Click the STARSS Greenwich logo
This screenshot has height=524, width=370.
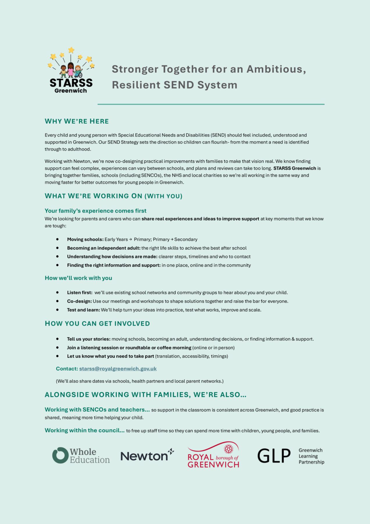(x=71, y=71)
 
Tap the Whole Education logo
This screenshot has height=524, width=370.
(x=81, y=456)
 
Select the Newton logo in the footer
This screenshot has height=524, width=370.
(x=147, y=456)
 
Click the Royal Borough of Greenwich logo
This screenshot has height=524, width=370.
(x=213, y=455)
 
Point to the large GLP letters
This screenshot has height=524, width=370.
(x=274, y=456)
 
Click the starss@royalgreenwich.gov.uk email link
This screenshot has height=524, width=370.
(x=118, y=369)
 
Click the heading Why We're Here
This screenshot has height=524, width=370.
(x=77, y=121)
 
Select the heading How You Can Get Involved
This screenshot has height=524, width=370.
(x=97, y=323)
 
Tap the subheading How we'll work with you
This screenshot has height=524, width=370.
(x=78, y=278)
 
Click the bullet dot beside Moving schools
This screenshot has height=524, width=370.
(x=58, y=239)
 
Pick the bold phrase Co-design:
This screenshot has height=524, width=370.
(x=79, y=301)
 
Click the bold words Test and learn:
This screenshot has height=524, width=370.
(x=83, y=310)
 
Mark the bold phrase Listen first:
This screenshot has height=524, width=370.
(x=80, y=293)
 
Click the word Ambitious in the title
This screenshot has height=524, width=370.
(x=276, y=69)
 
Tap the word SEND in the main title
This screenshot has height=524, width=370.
(x=179, y=85)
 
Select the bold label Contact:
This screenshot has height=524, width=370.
(x=67, y=369)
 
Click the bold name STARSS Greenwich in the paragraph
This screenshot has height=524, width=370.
(x=294, y=168)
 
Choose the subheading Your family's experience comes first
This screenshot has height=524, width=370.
(x=96, y=211)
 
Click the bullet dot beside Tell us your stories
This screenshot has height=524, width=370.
(x=58, y=339)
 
